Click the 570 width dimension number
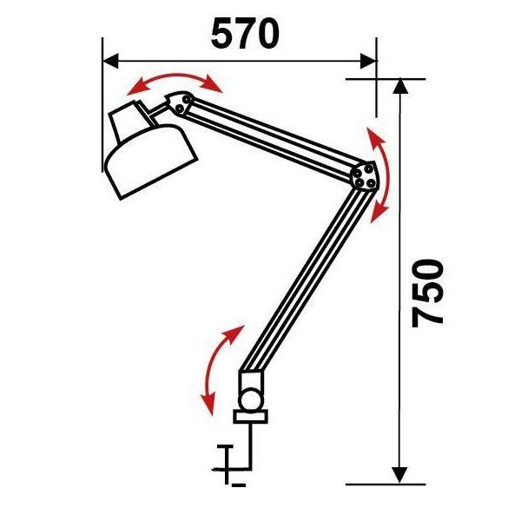(245, 34)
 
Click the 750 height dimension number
(427, 293)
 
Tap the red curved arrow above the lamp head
(175, 76)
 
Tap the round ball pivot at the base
(251, 399)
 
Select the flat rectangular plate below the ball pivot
(251, 417)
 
